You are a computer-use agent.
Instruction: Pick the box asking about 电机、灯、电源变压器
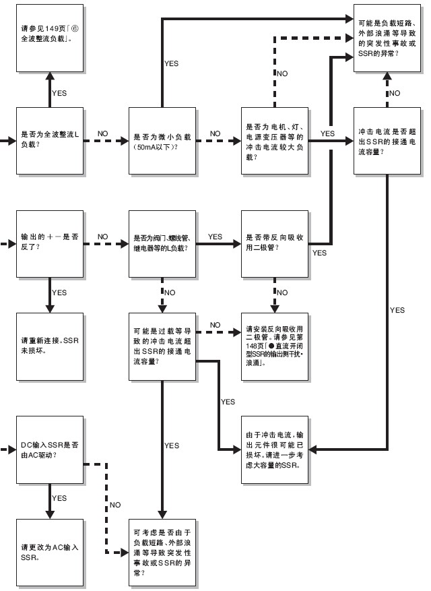[274, 142]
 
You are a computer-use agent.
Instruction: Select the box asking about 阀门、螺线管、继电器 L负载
[161, 243]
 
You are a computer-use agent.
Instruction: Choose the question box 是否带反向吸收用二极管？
[274, 243]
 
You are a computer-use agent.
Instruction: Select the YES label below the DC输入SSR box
[59, 498]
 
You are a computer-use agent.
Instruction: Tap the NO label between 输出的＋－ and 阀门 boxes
[103, 237]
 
